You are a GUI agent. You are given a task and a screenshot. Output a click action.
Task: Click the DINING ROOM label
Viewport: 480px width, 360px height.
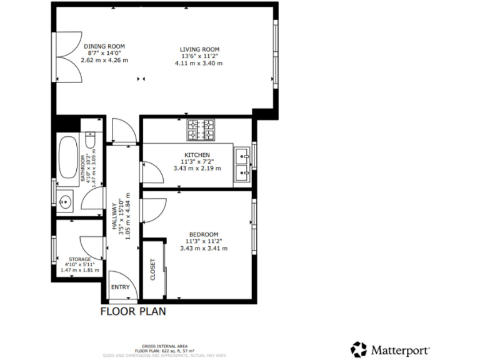[x=104, y=46]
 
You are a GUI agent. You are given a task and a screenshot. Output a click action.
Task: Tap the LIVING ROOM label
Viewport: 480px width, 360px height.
[x=199, y=49]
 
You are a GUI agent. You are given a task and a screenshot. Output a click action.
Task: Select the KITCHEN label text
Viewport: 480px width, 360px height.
[x=197, y=154]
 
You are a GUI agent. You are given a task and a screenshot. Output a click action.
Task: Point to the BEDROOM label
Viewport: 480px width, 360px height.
[x=203, y=234]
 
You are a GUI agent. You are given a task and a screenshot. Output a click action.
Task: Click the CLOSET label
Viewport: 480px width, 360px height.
[x=152, y=269]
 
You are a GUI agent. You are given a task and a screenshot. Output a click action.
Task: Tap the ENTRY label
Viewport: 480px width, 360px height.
[x=121, y=287]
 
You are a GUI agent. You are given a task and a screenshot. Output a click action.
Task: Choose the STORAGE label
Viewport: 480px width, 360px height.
[x=80, y=259]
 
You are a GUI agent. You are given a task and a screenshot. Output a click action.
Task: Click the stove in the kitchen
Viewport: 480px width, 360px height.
[x=201, y=130]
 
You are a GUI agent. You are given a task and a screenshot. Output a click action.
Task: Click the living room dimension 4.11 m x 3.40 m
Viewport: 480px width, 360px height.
[x=199, y=63]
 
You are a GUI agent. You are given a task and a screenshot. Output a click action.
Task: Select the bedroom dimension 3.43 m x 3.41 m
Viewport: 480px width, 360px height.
[x=203, y=248]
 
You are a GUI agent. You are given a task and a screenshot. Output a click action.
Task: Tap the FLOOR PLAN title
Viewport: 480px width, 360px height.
[x=133, y=311]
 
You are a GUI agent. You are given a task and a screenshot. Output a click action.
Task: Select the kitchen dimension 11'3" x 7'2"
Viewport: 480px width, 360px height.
[x=197, y=161]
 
